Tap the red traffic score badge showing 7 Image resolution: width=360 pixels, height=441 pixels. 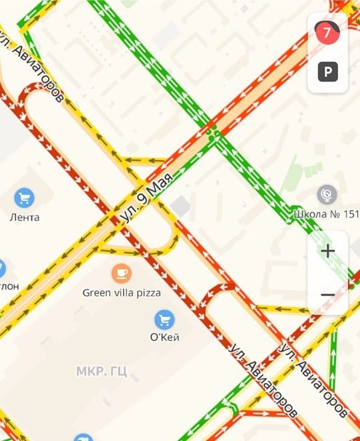327,32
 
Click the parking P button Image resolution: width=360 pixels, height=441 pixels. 327,71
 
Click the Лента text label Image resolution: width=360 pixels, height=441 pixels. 25,217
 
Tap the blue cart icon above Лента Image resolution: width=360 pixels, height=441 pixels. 25,197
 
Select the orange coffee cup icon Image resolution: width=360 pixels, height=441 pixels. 121,272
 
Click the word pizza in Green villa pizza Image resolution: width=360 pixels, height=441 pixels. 147,292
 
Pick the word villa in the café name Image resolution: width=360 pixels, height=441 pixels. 123,292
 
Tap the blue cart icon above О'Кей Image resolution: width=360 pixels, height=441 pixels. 164,319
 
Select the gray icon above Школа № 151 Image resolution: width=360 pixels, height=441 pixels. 327,195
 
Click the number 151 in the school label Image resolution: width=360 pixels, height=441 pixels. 350,214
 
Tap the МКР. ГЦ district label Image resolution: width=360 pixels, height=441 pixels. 102,371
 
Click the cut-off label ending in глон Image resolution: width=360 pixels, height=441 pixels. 9,285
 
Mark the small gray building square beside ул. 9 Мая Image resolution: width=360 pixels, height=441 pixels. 180,207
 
